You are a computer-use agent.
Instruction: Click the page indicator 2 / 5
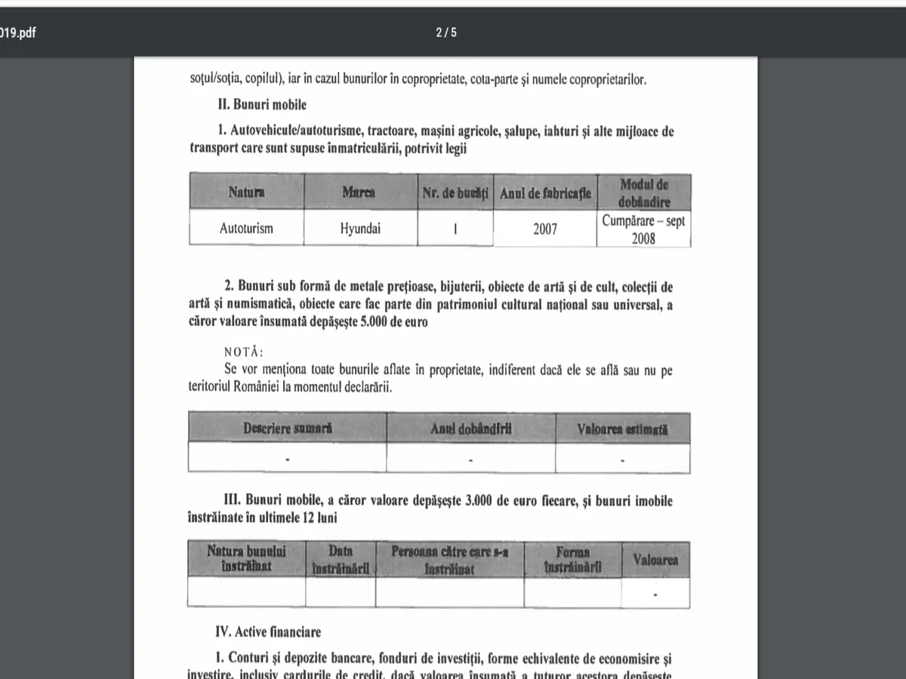point(446,32)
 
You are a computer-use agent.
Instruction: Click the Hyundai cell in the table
point(360,228)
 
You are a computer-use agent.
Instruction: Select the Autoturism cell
point(246,228)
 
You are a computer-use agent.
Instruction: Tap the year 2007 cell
point(544,228)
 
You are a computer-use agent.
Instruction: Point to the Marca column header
point(359,192)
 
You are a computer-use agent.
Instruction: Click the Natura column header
point(246,192)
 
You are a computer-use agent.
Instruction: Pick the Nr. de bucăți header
point(455,193)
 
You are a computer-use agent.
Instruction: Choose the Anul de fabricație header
point(545,193)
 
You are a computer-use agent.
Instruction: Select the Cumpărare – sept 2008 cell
point(643,229)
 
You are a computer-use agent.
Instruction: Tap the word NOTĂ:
point(245,352)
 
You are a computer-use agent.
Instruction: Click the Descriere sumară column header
point(288,428)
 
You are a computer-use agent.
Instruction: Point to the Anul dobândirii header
point(471,428)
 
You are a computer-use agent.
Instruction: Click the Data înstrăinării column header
point(341,560)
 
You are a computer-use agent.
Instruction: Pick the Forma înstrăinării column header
point(572,560)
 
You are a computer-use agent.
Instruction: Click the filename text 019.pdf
point(18,33)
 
